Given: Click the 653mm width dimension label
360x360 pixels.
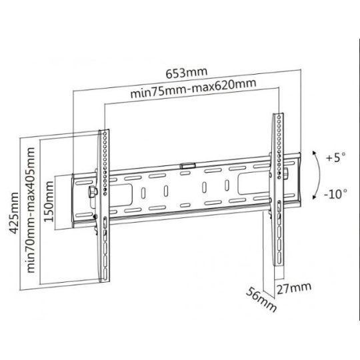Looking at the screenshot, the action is [187, 73].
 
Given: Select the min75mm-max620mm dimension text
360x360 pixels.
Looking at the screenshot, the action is [193, 89].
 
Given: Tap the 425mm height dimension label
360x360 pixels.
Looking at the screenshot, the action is [14, 213].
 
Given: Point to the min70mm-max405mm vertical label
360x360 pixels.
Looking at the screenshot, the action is [31, 210].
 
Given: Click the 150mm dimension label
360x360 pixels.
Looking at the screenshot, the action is [49, 201].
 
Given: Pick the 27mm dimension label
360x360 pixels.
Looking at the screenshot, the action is [294, 288].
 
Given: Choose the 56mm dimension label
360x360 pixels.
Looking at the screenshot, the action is [261, 299].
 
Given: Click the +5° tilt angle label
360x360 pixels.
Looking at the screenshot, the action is [335, 158].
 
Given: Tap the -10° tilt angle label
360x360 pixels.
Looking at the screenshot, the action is [335, 194].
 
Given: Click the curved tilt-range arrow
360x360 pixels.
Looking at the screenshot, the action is [319, 175].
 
